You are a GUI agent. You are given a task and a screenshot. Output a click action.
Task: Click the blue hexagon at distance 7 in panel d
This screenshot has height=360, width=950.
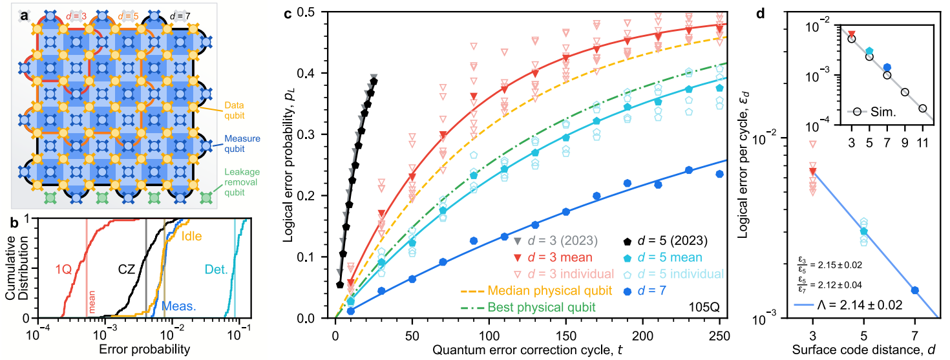[914, 290]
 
